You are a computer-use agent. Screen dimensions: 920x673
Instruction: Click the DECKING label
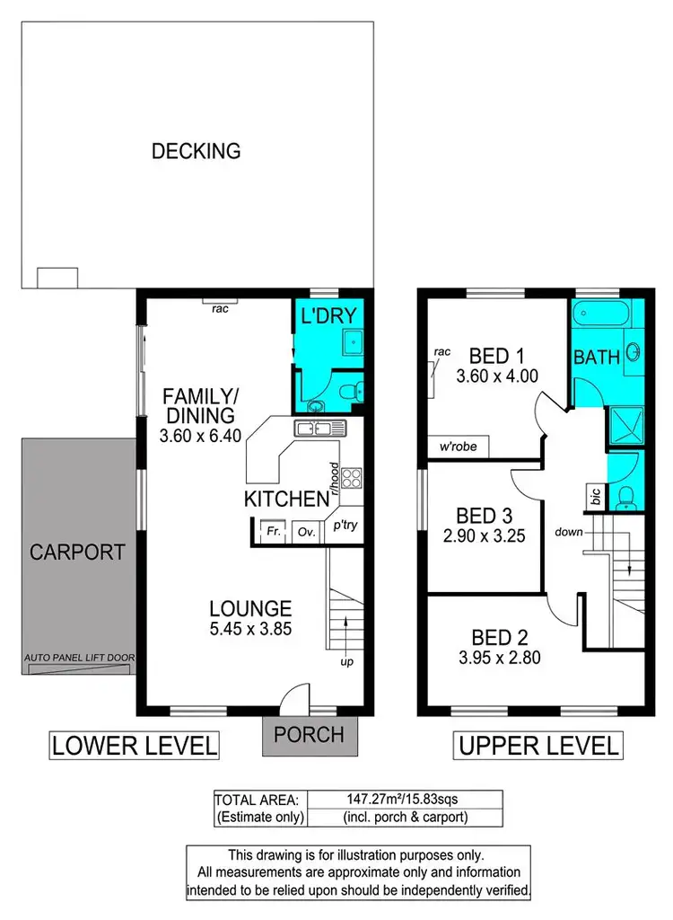[196, 151]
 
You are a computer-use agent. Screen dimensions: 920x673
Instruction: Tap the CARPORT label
[77, 551]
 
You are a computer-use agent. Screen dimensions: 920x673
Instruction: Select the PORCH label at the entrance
[310, 734]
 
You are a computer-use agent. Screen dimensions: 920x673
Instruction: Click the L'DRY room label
[328, 315]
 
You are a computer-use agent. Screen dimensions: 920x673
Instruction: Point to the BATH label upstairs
[597, 357]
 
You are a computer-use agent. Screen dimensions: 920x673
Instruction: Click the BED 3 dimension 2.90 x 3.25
[484, 537]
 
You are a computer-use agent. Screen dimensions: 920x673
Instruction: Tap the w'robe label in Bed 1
[458, 447]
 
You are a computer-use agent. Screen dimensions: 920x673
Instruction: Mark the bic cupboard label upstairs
[596, 496]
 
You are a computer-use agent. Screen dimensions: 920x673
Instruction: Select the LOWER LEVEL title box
[134, 745]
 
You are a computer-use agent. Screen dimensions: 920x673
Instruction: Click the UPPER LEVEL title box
[538, 745]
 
